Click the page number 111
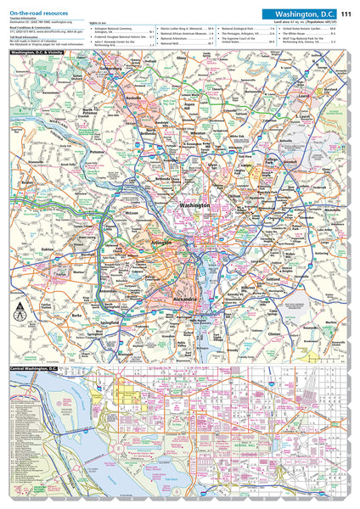(346, 14)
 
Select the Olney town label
(180, 59)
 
